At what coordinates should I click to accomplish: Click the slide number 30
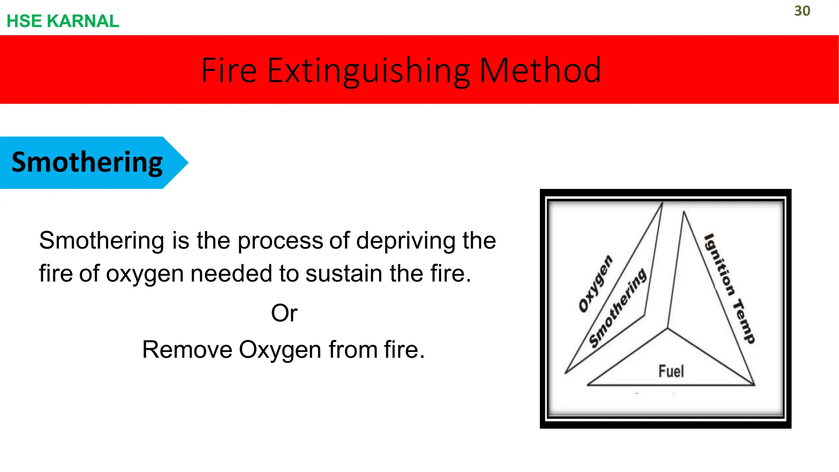pos(802,11)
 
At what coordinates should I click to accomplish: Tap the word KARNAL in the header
pos(83,21)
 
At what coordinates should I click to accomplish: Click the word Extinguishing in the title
pos(369,71)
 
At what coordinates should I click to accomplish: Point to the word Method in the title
pos(540,70)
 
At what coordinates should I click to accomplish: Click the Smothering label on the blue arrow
pos(87,162)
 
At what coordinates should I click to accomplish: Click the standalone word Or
pos(284,313)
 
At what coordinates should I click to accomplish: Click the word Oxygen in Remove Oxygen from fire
pos(280,351)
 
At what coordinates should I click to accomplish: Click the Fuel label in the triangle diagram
pos(671,371)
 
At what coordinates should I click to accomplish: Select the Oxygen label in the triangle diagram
pos(595,284)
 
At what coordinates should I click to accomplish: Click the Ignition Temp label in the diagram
pos(729,288)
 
